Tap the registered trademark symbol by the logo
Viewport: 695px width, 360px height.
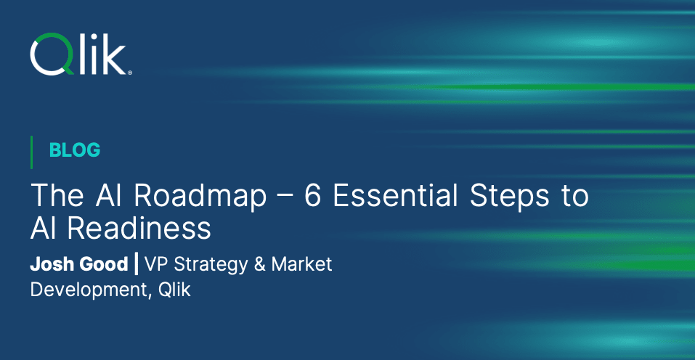(129, 72)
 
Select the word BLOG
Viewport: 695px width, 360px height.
(75, 150)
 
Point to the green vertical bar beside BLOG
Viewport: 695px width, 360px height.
(31, 152)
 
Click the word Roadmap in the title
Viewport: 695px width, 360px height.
(200, 196)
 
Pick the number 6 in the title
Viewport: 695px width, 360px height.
(312, 195)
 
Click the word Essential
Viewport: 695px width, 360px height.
(395, 195)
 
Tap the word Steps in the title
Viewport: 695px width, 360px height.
(510, 196)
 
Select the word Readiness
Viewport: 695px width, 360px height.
(139, 229)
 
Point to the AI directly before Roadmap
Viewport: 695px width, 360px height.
(108, 195)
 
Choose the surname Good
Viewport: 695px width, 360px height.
(104, 264)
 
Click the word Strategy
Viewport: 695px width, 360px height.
(211, 265)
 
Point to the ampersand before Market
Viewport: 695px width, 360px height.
(260, 264)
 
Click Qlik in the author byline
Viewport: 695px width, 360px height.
(174, 290)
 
